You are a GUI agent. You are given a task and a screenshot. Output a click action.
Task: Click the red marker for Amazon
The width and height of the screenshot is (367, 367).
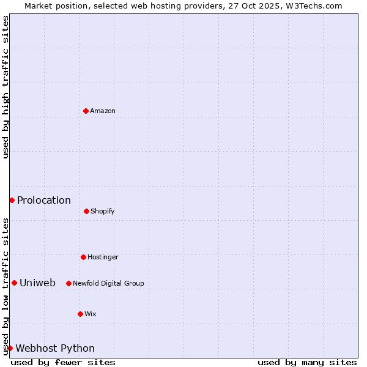click(x=86, y=111)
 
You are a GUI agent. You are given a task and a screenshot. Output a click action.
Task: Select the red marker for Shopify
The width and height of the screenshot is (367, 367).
click(x=86, y=211)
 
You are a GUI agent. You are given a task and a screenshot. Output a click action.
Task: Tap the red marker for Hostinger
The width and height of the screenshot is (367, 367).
click(x=83, y=257)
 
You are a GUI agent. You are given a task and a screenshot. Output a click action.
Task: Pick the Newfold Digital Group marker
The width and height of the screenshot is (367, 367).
click(x=69, y=283)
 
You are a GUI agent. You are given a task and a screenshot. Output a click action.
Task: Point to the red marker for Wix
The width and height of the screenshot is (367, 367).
click(x=80, y=314)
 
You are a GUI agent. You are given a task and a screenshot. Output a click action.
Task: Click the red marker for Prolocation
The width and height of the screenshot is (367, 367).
click(x=12, y=200)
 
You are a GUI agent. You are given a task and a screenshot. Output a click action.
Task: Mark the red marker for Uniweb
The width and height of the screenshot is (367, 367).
click(x=14, y=283)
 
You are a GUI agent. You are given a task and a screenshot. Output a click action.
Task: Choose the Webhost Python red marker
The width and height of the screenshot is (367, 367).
click(x=10, y=348)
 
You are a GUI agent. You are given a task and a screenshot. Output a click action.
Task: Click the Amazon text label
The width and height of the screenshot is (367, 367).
click(x=103, y=111)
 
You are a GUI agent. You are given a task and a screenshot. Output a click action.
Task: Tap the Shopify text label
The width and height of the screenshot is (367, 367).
click(x=103, y=211)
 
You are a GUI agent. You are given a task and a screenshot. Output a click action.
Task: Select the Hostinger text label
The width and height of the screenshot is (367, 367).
click(x=103, y=257)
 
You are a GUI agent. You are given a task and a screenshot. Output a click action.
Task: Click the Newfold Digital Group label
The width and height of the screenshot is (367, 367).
click(x=108, y=283)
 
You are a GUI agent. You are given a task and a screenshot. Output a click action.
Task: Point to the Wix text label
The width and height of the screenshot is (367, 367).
click(x=91, y=314)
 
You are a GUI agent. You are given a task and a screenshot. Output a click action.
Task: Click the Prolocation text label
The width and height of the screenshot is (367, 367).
click(x=44, y=200)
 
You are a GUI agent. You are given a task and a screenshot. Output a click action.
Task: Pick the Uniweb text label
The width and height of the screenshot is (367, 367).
click(x=37, y=283)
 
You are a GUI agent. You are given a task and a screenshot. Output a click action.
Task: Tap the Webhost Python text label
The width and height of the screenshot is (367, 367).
click(x=55, y=348)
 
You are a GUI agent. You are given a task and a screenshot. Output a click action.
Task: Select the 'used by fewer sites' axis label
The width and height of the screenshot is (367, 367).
click(x=63, y=362)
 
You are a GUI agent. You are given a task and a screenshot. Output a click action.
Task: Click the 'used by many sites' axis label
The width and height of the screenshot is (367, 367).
click(x=307, y=362)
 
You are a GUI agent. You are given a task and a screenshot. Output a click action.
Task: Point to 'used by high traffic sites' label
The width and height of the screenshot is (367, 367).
click(x=6, y=87)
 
